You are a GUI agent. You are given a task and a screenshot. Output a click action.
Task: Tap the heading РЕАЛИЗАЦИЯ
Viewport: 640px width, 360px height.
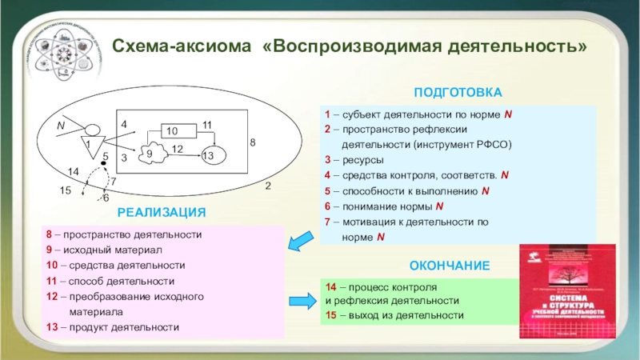coord(162,212)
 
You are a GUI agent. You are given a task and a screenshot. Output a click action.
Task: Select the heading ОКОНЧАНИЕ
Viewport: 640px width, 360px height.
coord(450,264)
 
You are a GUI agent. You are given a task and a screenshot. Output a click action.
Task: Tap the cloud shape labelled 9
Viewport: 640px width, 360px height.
coord(150,153)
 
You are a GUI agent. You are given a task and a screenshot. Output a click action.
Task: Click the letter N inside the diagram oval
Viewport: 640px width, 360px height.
coord(60,126)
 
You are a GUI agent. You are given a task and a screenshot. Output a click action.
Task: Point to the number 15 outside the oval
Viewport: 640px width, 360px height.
coord(66,190)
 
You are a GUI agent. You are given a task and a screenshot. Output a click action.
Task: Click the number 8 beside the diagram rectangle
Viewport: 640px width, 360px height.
coord(253,142)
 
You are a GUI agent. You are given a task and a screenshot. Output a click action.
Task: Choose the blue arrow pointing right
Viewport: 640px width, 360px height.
coord(301,300)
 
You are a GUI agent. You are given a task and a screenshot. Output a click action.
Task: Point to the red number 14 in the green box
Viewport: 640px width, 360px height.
coord(330,286)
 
